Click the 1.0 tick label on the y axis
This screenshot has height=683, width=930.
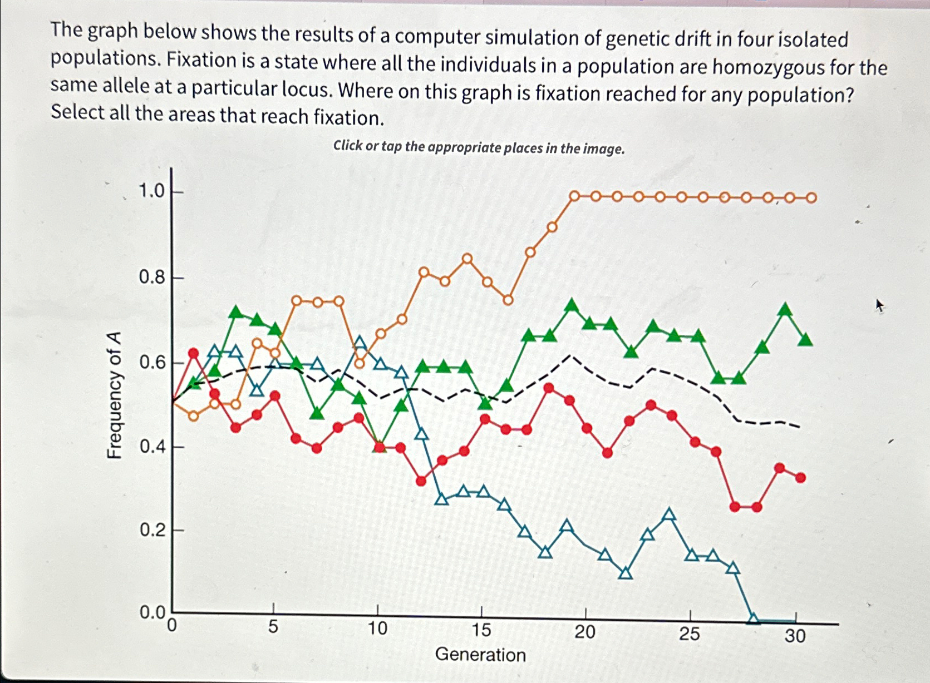click(151, 191)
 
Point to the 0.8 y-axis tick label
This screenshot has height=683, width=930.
click(151, 277)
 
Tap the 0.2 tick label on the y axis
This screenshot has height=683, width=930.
click(151, 531)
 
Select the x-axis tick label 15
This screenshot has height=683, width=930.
click(481, 630)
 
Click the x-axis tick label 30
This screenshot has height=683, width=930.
click(795, 636)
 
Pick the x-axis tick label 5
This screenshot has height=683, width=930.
click(273, 627)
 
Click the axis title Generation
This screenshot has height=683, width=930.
click(480, 655)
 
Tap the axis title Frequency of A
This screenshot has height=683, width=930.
click(114, 395)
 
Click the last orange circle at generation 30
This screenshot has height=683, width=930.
click(811, 198)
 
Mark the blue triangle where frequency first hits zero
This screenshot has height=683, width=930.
click(754, 618)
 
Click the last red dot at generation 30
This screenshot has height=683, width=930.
click(800, 478)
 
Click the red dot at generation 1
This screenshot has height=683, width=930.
click(193, 353)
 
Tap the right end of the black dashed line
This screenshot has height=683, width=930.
click(799, 427)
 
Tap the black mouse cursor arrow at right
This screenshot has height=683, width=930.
click(880, 305)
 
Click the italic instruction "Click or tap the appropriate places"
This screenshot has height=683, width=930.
click(479, 147)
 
